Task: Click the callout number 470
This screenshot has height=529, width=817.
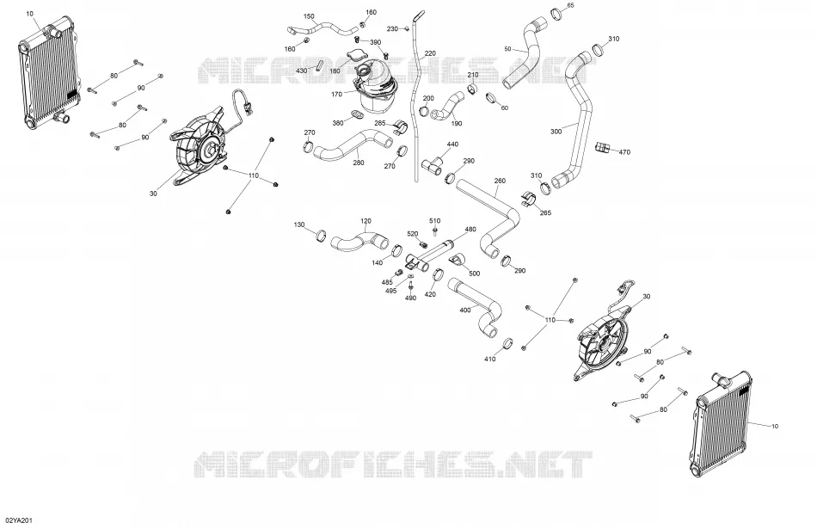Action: [x=624, y=152]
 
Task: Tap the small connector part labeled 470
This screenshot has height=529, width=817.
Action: [x=602, y=147]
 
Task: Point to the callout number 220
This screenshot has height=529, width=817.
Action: [x=430, y=53]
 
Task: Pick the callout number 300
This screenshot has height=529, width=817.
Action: [x=556, y=132]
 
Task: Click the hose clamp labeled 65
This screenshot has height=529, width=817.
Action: [x=556, y=14]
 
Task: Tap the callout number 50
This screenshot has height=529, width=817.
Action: [x=507, y=49]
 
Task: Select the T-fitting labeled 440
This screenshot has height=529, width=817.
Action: [x=432, y=167]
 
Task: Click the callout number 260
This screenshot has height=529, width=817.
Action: [x=500, y=181]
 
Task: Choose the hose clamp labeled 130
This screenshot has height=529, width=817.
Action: [x=322, y=236]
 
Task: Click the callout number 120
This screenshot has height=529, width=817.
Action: [x=365, y=222]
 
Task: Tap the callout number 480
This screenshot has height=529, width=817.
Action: [x=470, y=230]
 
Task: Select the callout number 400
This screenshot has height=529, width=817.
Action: [x=464, y=311]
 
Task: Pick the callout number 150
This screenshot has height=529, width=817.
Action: [x=309, y=16]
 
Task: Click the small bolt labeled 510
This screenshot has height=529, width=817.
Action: [x=435, y=230]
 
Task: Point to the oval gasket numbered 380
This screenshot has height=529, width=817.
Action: [x=356, y=113]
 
